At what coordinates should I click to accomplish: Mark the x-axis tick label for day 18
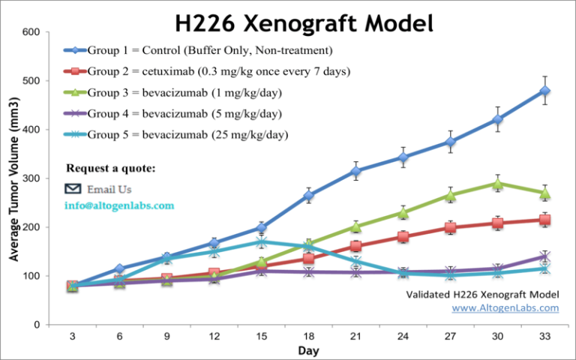[x=309, y=337]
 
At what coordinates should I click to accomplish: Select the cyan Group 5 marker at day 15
[x=261, y=242]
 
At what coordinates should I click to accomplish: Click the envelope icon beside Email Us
[x=73, y=189]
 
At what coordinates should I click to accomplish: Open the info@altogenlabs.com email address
[x=119, y=205]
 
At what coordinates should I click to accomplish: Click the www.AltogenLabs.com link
[x=505, y=307]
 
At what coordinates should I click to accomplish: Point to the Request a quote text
[x=111, y=168]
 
